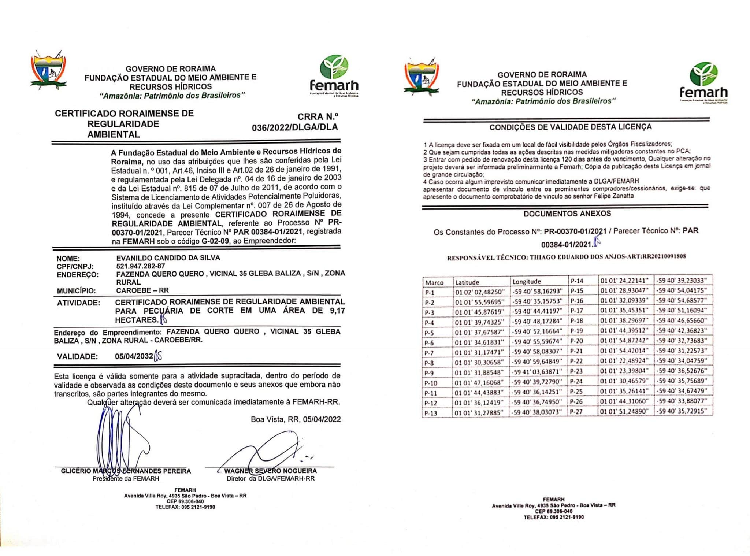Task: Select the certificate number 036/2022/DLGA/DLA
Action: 294,127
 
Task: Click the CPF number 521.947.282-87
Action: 140,266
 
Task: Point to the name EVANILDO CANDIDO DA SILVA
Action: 168,258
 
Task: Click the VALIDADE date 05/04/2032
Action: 134,356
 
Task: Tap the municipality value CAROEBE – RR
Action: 142,290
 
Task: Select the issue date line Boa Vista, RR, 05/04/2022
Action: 296,419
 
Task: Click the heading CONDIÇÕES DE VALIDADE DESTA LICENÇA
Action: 570,127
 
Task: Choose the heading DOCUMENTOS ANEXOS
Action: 567,214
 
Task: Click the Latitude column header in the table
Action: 467,282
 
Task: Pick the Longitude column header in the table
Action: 526,282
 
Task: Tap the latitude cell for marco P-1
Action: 479,292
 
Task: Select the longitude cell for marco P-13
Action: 536,412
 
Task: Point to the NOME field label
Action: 68,259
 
